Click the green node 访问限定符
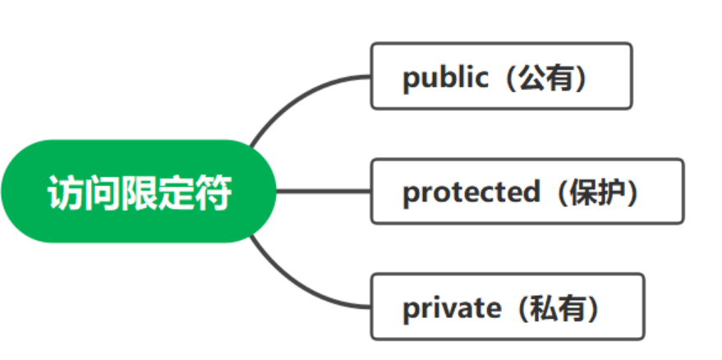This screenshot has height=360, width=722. pyautogui.click(x=139, y=192)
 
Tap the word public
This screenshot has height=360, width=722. pyautogui.click(x=444, y=77)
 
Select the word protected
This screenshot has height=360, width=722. pyautogui.click(x=471, y=192)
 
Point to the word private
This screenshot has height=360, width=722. pyautogui.click(x=451, y=308)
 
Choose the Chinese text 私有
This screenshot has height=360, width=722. pyautogui.click(x=558, y=308)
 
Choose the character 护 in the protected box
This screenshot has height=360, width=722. pyautogui.click(x=613, y=192)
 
